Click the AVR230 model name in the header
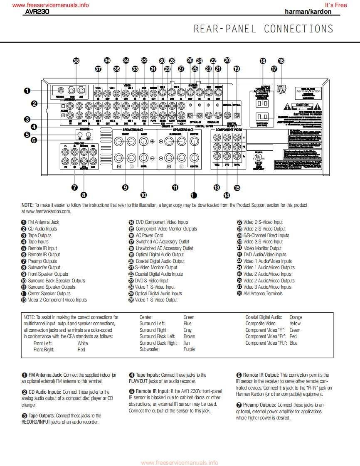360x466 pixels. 37,12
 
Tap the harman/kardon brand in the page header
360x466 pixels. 308,12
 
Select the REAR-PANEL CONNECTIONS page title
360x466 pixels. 264,29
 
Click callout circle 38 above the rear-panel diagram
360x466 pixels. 76,61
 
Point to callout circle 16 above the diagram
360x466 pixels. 281,61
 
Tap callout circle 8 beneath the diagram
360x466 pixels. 84,194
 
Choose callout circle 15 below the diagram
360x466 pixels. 237,188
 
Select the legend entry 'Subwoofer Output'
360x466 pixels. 44,267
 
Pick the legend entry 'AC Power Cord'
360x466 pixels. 149,235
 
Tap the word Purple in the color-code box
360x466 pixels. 189,349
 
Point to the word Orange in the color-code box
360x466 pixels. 296,317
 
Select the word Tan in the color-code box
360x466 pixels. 187,343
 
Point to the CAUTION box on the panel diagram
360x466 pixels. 302,105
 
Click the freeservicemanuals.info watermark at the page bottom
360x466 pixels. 180,463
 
